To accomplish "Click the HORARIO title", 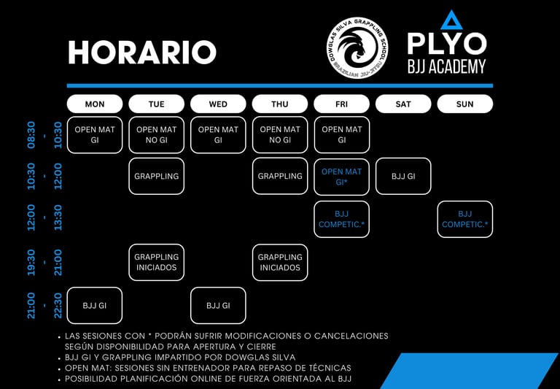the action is tap(142, 52).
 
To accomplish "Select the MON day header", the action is tap(95, 104).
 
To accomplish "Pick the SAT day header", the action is tap(403, 104).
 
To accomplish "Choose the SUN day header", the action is tap(464, 104).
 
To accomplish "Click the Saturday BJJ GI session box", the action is tap(403, 176).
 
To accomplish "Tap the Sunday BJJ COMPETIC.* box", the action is tap(464, 219).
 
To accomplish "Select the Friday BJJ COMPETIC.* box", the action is tap(341, 219).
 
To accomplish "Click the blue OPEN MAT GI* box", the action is tap(341, 176).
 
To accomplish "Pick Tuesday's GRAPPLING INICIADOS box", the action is tap(156, 262).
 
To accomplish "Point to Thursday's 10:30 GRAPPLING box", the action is tap(280, 176).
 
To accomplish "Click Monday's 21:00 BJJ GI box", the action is tap(95, 305).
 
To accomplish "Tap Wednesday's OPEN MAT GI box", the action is tap(218, 134).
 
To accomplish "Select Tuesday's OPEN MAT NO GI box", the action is tap(156, 134).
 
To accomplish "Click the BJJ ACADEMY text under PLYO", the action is tap(446, 66).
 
